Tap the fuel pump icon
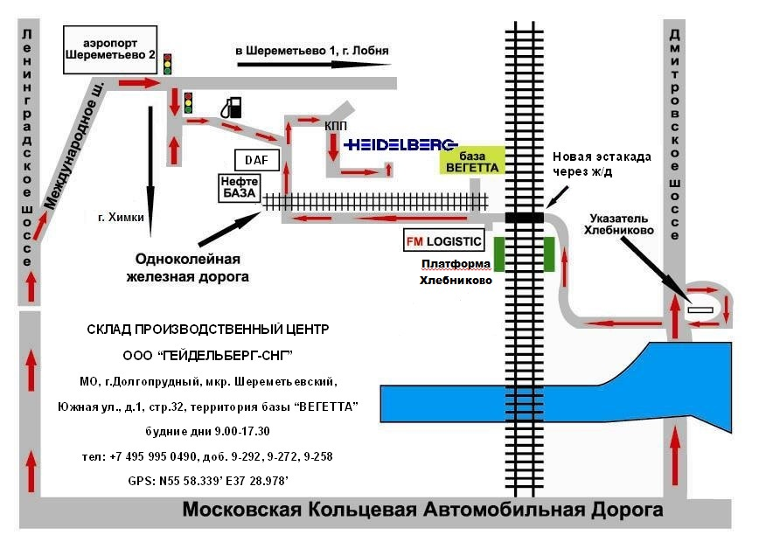pyautogui.click(x=231, y=107)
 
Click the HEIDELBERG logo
pyautogui.click(x=401, y=145)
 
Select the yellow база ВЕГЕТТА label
pyautogui.click(x=470, y=160)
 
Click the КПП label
pyautogui.click(x=335, y=127)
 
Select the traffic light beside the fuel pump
pyautogui.click(x=188, y=104)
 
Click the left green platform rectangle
pyautogui.click(x=500, y=254)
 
